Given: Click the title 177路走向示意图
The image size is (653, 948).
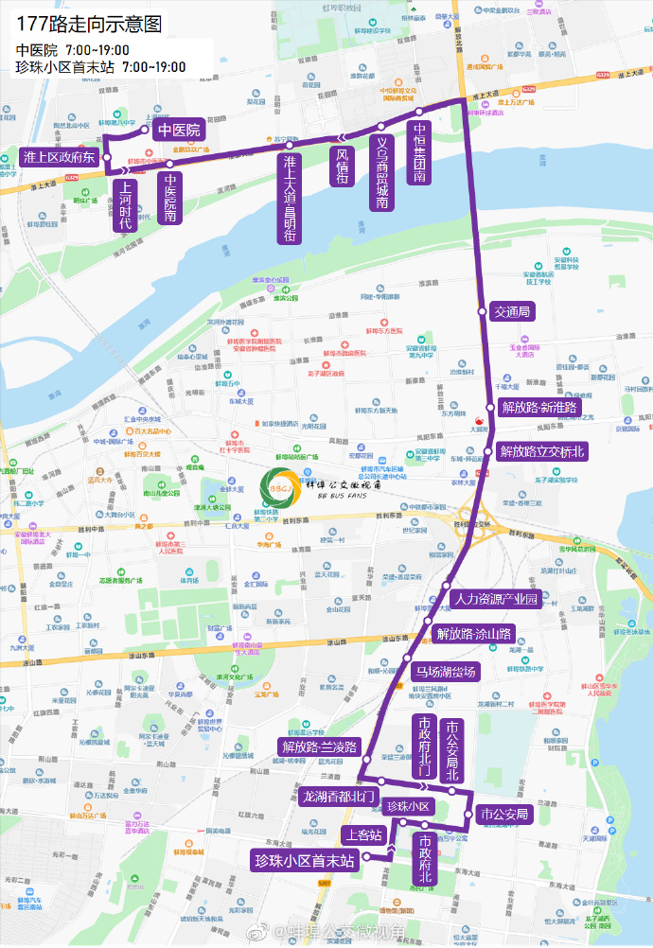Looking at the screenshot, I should [x=89, y=22].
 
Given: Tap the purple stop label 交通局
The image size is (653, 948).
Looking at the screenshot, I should [x=512, y=311].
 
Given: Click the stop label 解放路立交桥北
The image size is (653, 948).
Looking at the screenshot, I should [x=542, y=452].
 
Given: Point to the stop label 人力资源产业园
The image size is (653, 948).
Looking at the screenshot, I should [x=495, y=600].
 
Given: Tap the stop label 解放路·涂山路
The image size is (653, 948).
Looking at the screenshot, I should [x=472, y=634].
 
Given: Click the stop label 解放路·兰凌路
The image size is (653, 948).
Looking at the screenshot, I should [x=319, y=747].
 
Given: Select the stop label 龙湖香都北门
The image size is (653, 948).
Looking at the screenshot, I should [x=339, y=797].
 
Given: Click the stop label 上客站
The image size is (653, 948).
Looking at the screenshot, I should [x=363, y=834].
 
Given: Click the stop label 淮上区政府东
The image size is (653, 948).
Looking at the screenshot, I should [x=59, y=157].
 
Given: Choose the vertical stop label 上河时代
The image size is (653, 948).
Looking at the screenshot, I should [x=125, y=205].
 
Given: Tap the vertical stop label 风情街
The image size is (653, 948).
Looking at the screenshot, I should [x=342, y=165].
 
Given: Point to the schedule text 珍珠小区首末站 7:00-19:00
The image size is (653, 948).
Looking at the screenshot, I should [x=100, y=67].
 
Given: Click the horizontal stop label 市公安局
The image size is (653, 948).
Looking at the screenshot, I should [x=503, y=814].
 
